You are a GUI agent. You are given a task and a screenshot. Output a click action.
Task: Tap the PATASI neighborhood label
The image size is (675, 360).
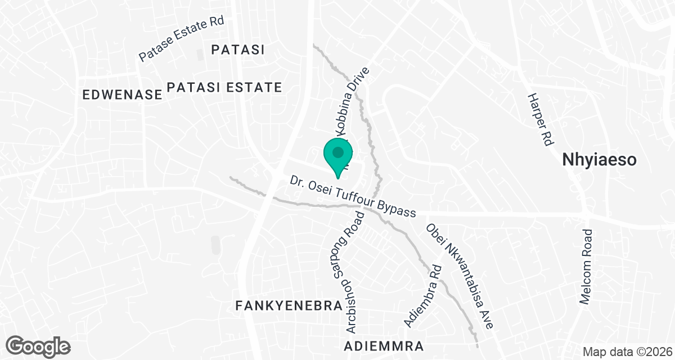pos(238,49)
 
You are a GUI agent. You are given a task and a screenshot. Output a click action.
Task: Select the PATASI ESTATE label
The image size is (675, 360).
pos(224,87)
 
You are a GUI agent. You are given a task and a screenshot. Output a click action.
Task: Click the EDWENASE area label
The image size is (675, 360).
pos(122,95)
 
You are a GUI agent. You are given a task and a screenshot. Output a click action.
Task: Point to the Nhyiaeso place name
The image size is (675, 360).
pos(599,160)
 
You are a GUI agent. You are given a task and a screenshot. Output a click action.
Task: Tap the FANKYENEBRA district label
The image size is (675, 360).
pos(289,306)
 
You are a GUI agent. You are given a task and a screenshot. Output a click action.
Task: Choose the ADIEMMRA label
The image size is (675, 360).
pos(384,345)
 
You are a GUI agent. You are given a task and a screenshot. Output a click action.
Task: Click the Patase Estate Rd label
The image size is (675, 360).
pos(182,39)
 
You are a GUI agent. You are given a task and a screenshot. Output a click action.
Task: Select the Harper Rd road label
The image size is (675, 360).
pos(538,120)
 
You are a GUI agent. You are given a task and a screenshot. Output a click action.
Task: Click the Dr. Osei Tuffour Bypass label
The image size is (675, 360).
pos(353,197)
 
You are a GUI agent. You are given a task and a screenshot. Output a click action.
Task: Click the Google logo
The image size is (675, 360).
pos(39,345)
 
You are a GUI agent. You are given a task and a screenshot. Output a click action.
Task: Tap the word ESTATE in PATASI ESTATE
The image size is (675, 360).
pos(253,87)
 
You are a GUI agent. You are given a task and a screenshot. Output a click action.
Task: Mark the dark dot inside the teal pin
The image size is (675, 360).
pos(338,152)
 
